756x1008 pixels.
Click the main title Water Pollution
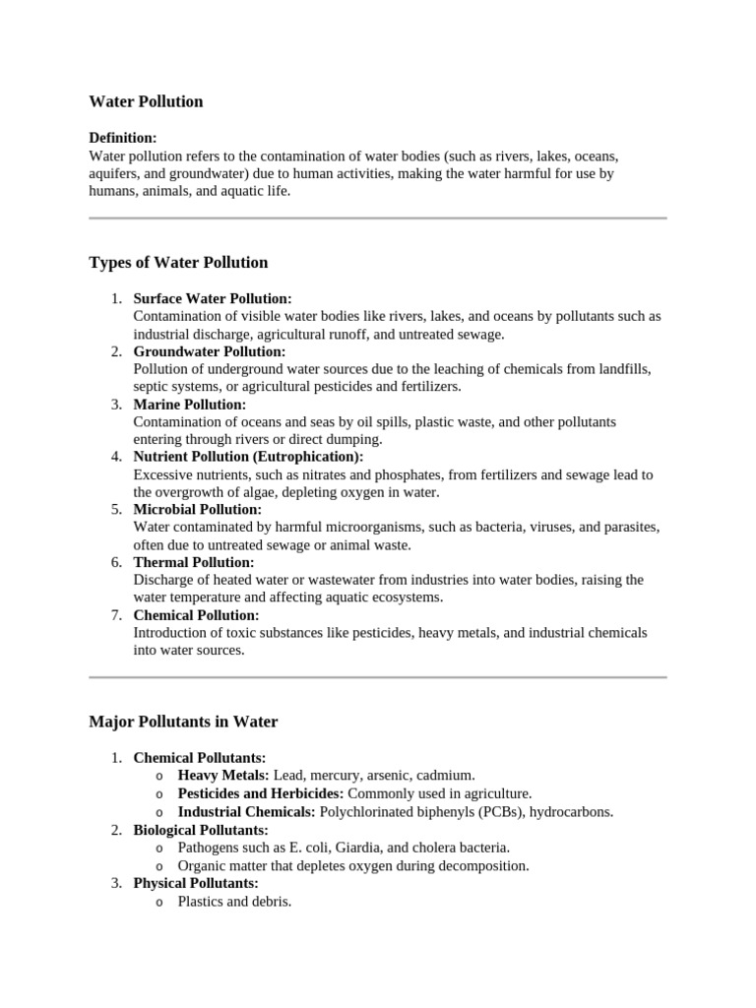(x=146, y=101)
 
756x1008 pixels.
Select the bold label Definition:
(x=123, y=138)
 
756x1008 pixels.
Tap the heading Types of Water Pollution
(x=178, y=262)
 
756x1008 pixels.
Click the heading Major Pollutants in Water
(x=183, y=722)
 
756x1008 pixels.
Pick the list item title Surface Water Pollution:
(x=213, y=298)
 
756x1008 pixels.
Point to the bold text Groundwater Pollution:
(x=210, y=351)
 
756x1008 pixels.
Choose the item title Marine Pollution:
(x=190, y=405)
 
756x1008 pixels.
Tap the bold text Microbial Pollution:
(x=198, y=510)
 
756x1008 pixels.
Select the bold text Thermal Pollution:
(x=194, y=562)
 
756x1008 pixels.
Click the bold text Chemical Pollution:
(x=198, y=615)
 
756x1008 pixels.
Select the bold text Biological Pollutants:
(x=201, y=830)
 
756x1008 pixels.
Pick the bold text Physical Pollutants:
(x=196, y=883)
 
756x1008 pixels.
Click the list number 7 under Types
(x=116, y=615)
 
